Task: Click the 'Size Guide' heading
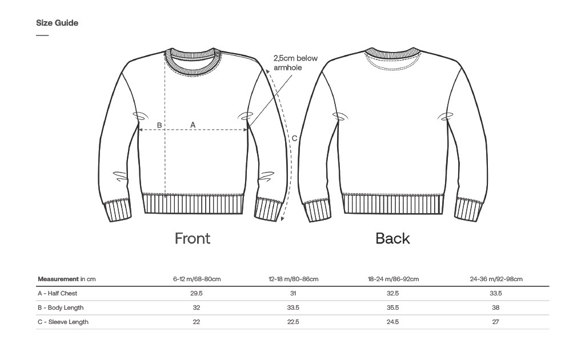57,23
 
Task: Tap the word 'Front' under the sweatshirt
193,238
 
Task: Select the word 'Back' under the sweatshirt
392,238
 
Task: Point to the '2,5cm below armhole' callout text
295,63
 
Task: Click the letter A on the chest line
193,125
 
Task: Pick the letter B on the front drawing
159,125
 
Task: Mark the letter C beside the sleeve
294,138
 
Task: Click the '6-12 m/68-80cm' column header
197,279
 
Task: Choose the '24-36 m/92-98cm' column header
496,279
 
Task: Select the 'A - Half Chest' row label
57,293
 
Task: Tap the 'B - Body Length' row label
61,307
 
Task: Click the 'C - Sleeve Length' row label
63,322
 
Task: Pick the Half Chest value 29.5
197,293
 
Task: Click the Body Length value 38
496,307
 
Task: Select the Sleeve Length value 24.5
393,322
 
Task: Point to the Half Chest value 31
293,293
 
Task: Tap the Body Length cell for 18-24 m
393,307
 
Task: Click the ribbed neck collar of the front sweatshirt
193,59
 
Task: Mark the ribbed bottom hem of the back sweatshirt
393,203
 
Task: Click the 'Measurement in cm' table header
66,279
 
